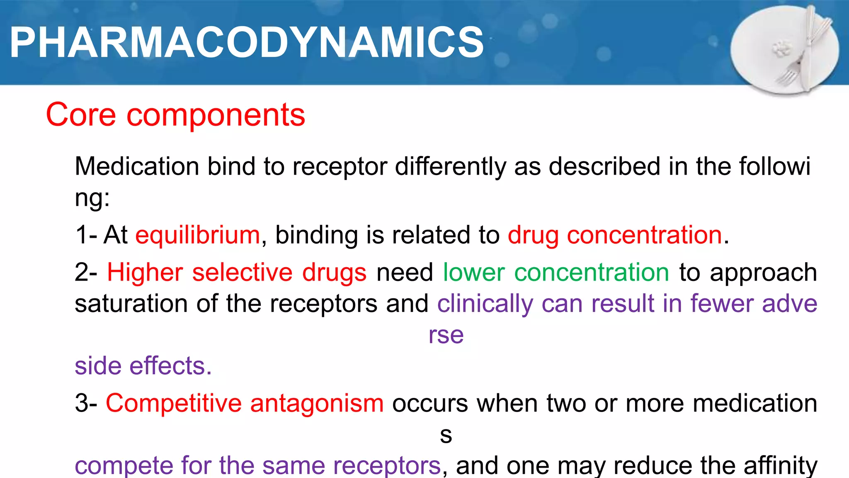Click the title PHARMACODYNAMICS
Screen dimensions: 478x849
[247, 42]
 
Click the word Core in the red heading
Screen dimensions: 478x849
[80, 115]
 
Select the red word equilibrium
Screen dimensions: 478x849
[198, 236]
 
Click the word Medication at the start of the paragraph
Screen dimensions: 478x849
[137, 167]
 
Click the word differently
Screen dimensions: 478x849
[450, 167]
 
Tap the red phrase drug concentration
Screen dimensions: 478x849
[615, 236]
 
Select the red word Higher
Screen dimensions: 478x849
[145, 273]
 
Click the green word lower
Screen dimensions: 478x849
[474, 273]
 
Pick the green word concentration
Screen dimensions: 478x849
[592, 273]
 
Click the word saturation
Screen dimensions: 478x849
[131, 304]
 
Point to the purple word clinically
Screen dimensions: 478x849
[485, 304]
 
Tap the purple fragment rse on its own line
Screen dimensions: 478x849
[446, 335]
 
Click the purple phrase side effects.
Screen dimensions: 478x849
[143, 366]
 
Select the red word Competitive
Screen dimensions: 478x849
[173, 404]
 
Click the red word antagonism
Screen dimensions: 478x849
[317, 404]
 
